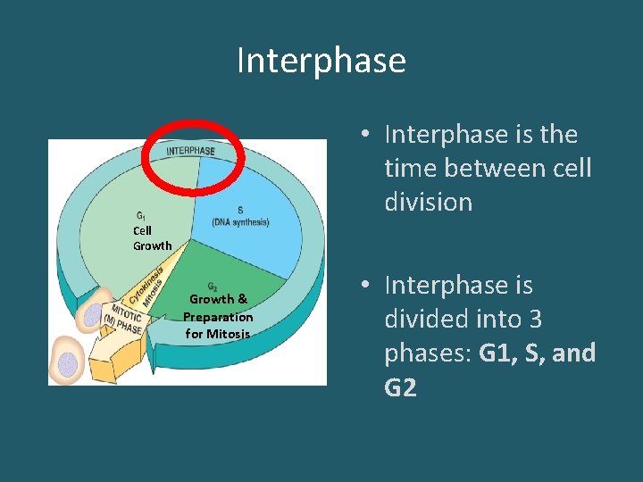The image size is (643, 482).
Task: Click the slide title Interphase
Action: [x=321, y=61]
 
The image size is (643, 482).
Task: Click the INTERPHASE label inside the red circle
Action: [x=190, y=151]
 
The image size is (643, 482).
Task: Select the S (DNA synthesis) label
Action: [x=240, y=217]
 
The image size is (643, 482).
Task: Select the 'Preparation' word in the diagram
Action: [x=218, y=317]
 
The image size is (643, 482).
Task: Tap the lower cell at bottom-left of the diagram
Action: [x=68, y=362]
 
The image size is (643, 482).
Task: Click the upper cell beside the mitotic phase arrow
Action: [x=93, y=315]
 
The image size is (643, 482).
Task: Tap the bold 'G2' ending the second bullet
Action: [x=400, y=387]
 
